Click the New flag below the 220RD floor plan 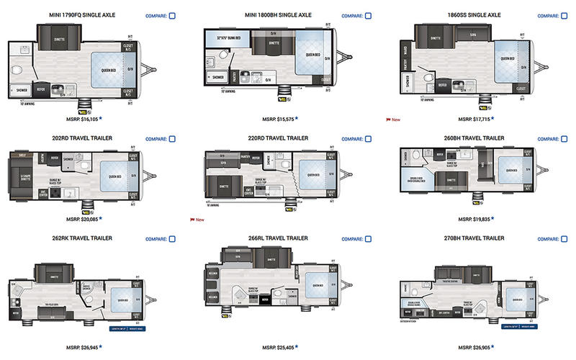(x=197, y=218)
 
